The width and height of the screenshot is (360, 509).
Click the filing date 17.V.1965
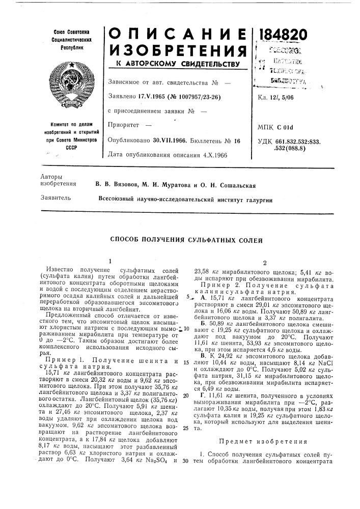pyautogui.click(x=152, y=96)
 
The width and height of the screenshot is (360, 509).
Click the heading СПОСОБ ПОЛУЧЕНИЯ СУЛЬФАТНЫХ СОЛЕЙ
pyautogui.click(x=187, y=239)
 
